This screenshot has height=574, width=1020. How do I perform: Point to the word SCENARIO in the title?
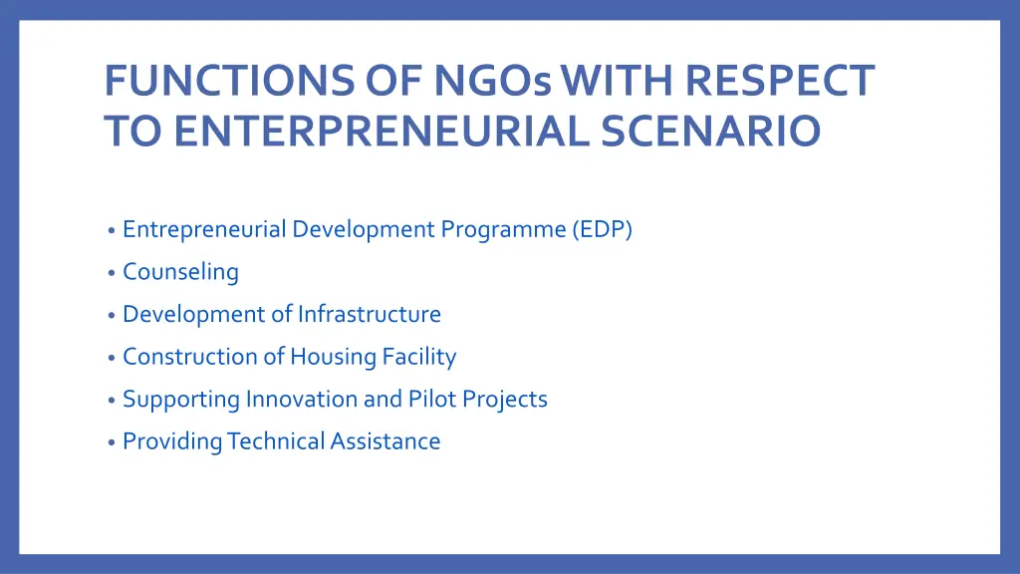coord(710,132)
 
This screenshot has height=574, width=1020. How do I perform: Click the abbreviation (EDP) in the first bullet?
coord(602,229)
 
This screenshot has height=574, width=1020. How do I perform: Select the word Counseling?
coord(180,272)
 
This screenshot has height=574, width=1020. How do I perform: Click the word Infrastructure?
coord(369,314)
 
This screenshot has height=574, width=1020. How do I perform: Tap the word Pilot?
coord(430,399)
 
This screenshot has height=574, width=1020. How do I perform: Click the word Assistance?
coord(385,441)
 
